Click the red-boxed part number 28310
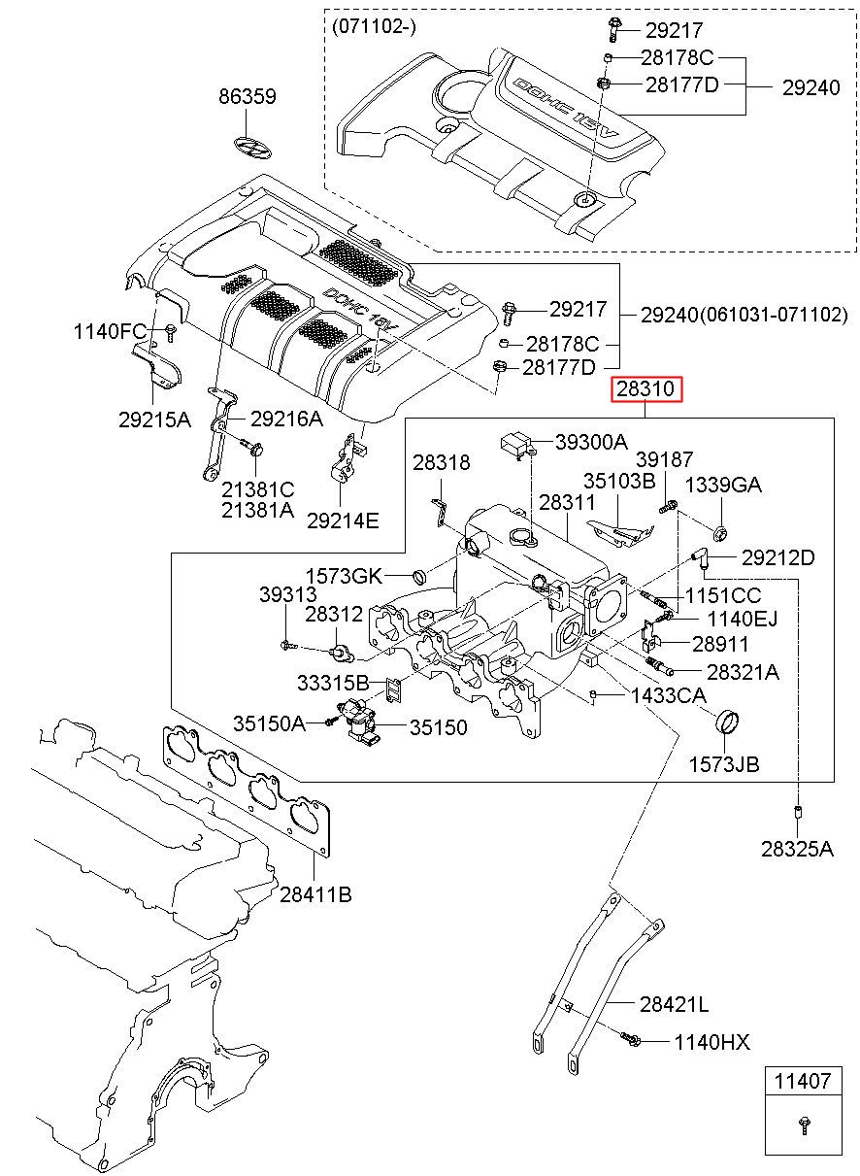tap(646, 390)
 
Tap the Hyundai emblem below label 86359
tap(253, 146)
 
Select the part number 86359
tap(247, 97)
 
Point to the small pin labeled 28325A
tap(797, 810)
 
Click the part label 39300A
tap(591, 442)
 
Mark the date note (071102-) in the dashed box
tap(374, 27)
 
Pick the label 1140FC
tap(110, 331)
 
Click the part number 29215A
tap(155, 420)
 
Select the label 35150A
tap(269, 722)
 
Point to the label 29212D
tap(777, 557)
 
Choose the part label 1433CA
tap(668, 695)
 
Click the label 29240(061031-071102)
tap(744, 315)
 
